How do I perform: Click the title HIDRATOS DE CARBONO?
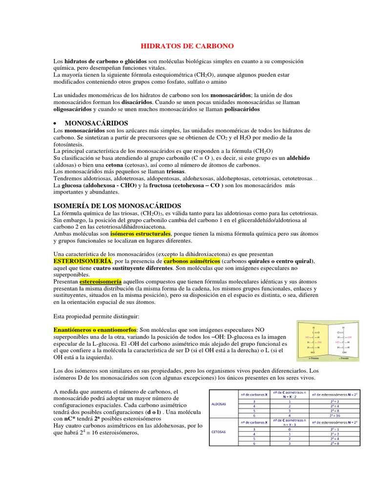click(187, 46)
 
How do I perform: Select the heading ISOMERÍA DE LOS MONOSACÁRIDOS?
click(117, 206)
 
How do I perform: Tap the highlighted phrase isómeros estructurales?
click(140, 234)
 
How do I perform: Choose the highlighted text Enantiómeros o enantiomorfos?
click(95, 331)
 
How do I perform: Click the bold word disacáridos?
click(137, 103)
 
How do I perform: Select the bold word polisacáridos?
click(242, 109)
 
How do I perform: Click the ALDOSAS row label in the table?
click(218, 404)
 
